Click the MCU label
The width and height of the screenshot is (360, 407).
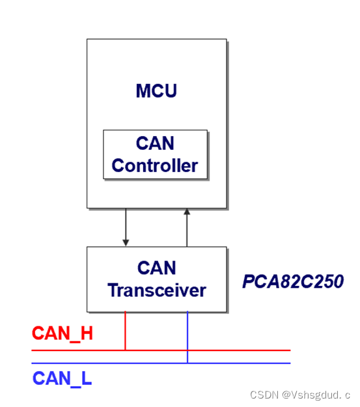[x=156, y=91]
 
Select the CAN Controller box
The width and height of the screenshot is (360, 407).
[x=155, y=154]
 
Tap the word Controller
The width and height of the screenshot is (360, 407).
[x=155, y=165]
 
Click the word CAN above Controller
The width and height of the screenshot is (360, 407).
[x=155, y=143]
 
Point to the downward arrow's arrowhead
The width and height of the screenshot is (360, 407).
[x=125, y=242]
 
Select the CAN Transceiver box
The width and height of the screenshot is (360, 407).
[x=156, y=279]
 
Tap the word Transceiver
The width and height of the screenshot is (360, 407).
[x=157, y=290]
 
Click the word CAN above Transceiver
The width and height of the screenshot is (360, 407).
[x=157, y=268]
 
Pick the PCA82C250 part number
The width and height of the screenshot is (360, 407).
[x=293, y=281]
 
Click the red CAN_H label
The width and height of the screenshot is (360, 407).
[x=62, y=334]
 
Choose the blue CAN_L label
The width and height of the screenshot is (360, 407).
[x=62, y=378]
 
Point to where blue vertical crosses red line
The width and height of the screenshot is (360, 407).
[x=187, y=350]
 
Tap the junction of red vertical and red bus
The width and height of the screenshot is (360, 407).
[x=125, y=350]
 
